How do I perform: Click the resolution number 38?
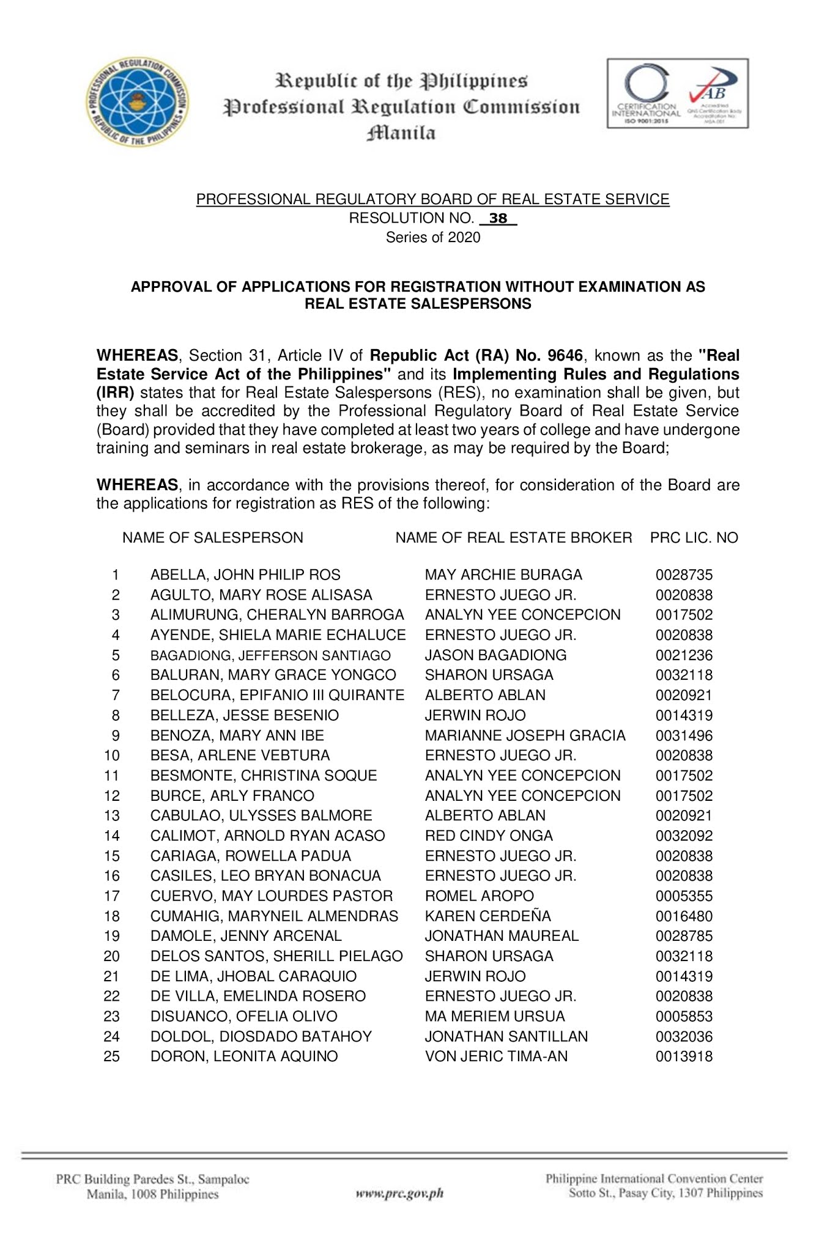[498, 218]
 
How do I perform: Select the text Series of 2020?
[432, 237]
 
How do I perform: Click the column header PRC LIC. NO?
[694, 537]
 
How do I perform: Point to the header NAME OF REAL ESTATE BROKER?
[513, 537]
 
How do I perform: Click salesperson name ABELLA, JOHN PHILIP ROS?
[245, 575]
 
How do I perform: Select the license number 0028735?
[684, 575]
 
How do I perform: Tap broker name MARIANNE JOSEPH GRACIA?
[525, 735]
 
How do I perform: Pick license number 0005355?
[684, 896]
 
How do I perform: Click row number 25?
[112, 1056]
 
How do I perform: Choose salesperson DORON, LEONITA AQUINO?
[244, 1056]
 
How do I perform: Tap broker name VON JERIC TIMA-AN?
[496, 1056]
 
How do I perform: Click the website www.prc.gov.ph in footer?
[399, 1193]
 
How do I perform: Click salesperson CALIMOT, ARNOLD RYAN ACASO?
[267, 836]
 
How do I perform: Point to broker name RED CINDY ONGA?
[489, 836]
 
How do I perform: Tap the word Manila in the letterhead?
[401, 133]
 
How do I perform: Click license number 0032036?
[684, 1036]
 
